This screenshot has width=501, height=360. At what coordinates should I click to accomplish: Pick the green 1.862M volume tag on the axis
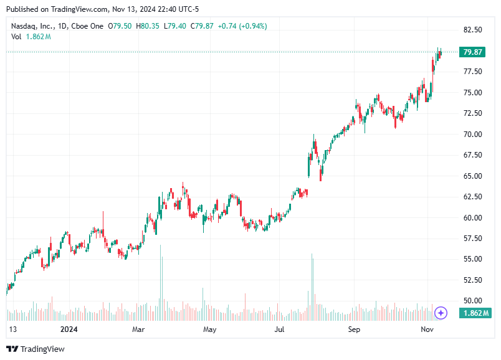click(x=476, y=313)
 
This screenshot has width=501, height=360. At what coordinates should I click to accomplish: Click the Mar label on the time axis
click(x=138, y=328)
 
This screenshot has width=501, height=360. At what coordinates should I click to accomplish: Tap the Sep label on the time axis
click(x=354, y=328)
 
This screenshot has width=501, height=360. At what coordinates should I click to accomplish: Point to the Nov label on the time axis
click(x=426, y=328)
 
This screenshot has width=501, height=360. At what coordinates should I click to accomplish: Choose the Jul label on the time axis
click(x=280, y=328)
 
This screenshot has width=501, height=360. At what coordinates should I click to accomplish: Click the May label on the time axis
click(x=210, y=328)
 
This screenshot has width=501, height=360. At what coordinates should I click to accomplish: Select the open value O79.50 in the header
click(x=120, y=26)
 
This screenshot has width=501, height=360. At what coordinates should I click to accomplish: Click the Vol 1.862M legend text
click(x=31, y=37)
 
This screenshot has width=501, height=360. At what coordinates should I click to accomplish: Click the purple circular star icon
click(x=441, y=313)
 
